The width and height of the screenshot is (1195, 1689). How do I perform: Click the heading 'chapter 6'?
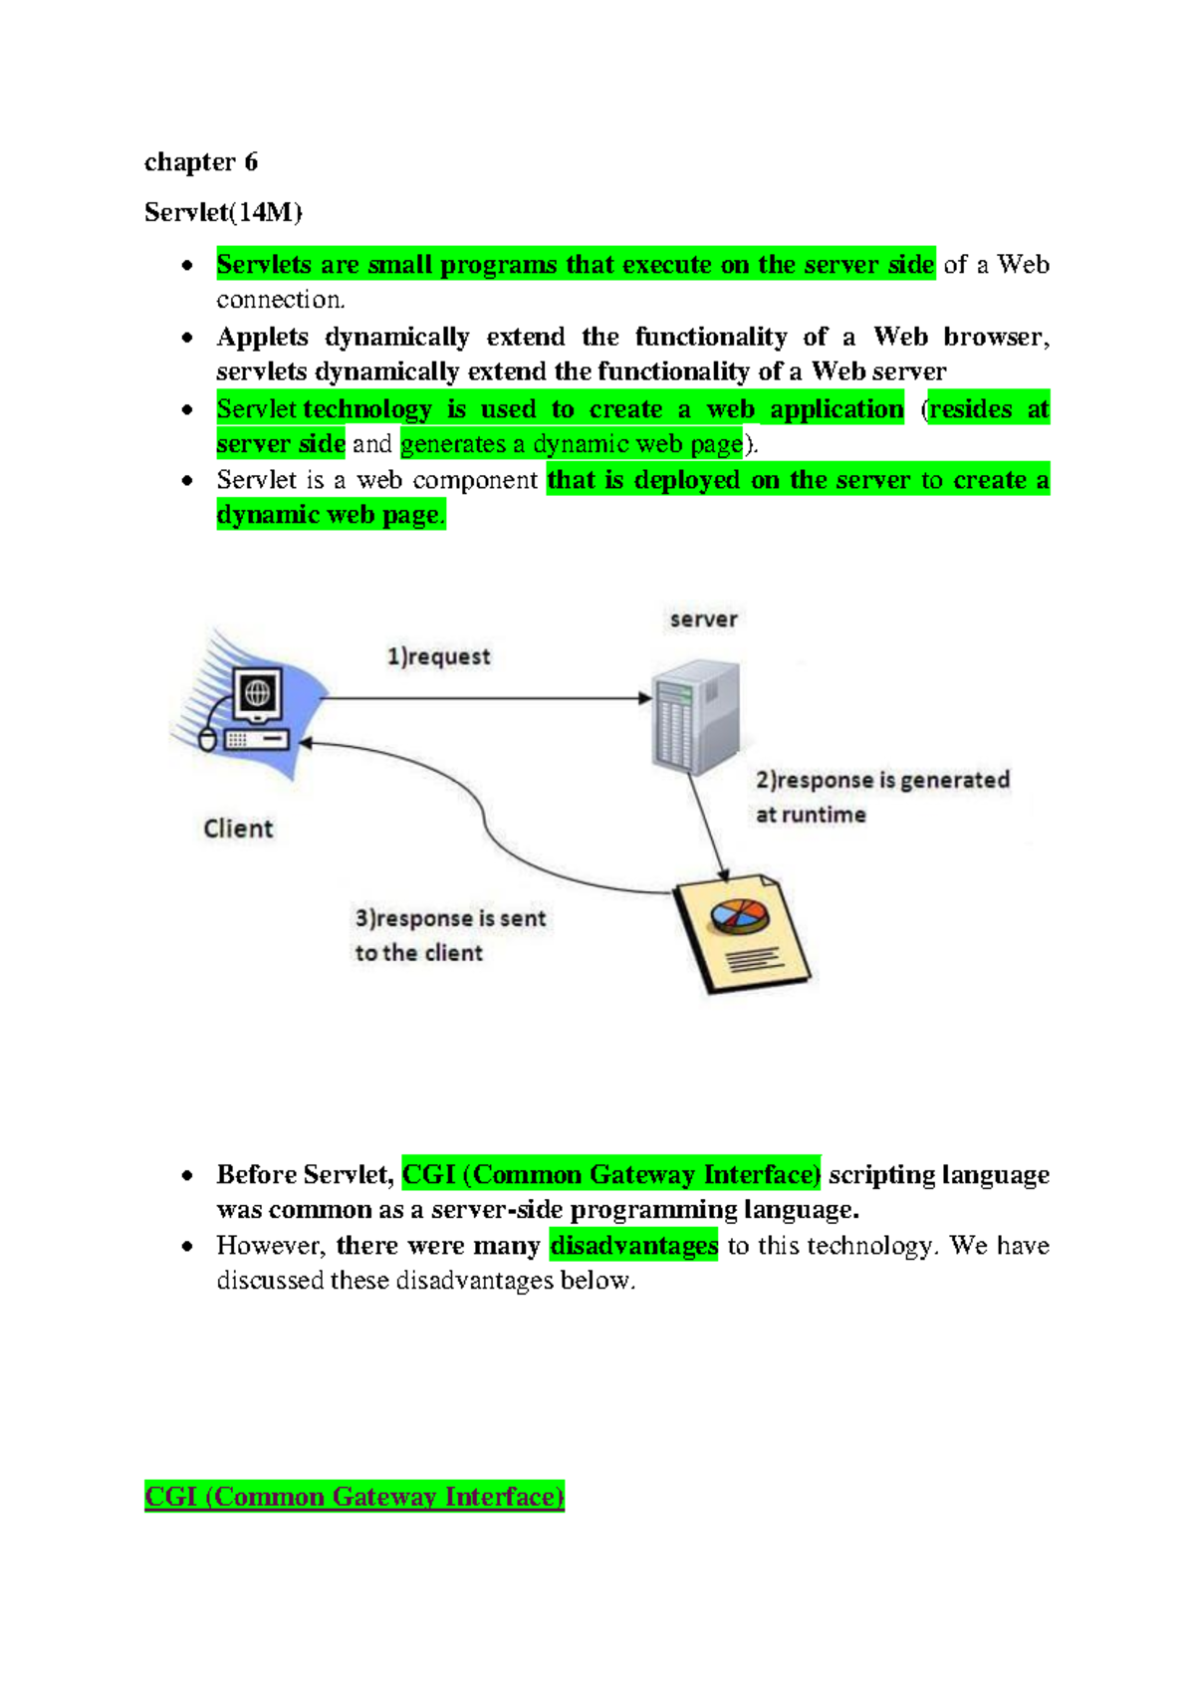coord(200,162)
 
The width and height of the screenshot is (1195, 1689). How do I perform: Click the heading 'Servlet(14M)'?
coord(223,212)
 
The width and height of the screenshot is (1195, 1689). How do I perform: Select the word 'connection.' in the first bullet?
coord(281,300)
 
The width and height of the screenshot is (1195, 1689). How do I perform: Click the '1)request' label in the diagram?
coord(438,656)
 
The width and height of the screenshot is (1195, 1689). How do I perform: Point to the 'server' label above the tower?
coord(703,619)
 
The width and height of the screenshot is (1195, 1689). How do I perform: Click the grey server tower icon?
coord(696,715)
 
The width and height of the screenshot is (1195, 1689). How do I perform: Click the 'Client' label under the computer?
coord(237,829)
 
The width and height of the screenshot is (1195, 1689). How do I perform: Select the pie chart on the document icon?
coord(739,916)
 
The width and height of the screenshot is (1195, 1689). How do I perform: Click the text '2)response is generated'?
coord(882,780)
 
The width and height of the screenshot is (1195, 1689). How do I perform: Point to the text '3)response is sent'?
coord(450,918)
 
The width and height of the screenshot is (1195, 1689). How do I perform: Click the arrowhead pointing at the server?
coord(645,698)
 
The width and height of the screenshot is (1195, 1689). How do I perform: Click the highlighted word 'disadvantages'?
coord(633,1246)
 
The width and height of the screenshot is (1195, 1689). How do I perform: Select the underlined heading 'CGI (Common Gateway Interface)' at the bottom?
coord(355,1497)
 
